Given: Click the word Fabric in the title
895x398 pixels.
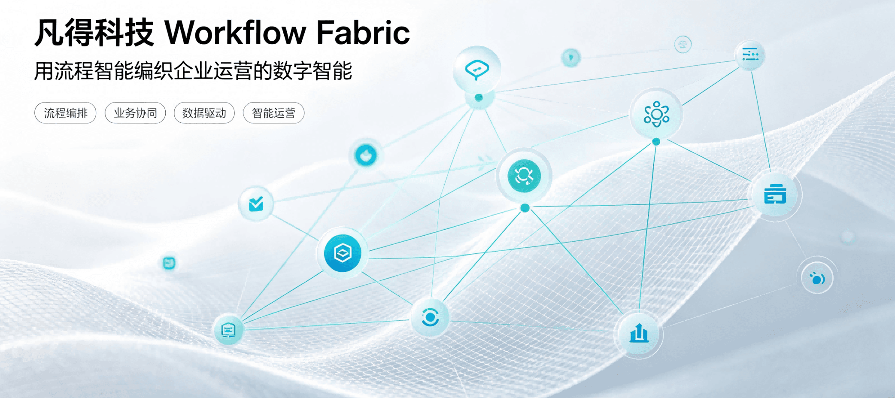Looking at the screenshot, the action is click(x=363, y=32).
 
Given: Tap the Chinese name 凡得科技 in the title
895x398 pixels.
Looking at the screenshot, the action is click(x=94, y=33).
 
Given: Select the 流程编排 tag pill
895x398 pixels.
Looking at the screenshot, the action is click(x=65, y=113).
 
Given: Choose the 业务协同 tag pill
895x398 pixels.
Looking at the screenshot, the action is click(x=135, y=113).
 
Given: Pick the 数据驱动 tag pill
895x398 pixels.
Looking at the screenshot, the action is click(x=204, y=113).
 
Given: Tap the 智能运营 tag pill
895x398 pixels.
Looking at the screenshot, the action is click(x=273, y=113).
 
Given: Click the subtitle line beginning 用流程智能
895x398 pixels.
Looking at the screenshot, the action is click(x=193, y=71).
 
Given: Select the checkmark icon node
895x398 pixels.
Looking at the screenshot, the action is click(x=256, y=204).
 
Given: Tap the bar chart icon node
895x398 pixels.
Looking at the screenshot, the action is click(x=639, y=334).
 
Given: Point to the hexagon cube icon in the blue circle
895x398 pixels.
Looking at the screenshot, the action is click(x=343, y=253).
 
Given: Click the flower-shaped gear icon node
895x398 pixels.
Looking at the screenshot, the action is click(x=656, y=114).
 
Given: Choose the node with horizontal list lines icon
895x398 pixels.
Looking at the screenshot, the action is click(x=750, y=55).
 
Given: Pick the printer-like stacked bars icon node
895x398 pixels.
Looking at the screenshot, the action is click(x=775, y=195).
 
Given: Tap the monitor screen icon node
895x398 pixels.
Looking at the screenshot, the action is click(x=228, y=330).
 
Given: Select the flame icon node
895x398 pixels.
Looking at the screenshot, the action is click(x=366, y=155).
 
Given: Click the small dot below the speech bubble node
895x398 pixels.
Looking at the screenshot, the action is click(x=479, y=97).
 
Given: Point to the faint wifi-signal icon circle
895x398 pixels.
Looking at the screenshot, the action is click(x=683, y=44).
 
